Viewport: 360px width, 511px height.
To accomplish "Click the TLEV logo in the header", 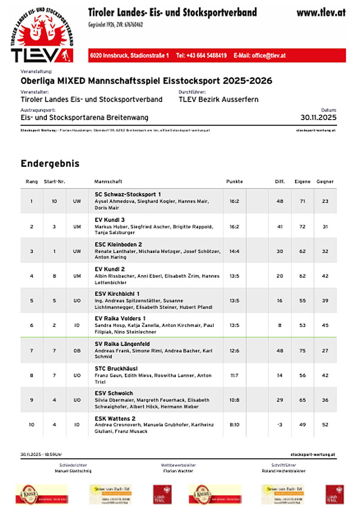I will click(x=41, y=34).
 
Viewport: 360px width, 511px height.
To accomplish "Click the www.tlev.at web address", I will click(x=321, y=13).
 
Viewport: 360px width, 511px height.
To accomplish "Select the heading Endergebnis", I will click(x=50, y=164).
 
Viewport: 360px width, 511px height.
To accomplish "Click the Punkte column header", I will click(x=234, y=182).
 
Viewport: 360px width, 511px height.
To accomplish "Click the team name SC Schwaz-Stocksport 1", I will click(x=128, y=194).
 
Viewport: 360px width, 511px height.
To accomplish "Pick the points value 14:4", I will click(x=234, y=251).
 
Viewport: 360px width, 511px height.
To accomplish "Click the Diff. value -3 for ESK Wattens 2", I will click(x=280, y=424).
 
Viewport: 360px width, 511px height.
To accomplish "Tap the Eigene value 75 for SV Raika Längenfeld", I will click(x=302, y=350).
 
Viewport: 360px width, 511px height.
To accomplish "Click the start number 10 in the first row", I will click(x=54, y=201).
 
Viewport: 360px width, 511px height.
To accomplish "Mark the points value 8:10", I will click(x=234, y=424).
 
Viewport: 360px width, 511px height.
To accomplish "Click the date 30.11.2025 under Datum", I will click(x=318, y=118).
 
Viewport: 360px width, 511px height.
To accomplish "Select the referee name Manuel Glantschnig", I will click(x=73, y=471).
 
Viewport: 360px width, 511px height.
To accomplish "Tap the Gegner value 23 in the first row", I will click(x=325, y=201).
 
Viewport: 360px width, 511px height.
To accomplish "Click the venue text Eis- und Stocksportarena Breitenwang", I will click(x=85, y=118).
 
